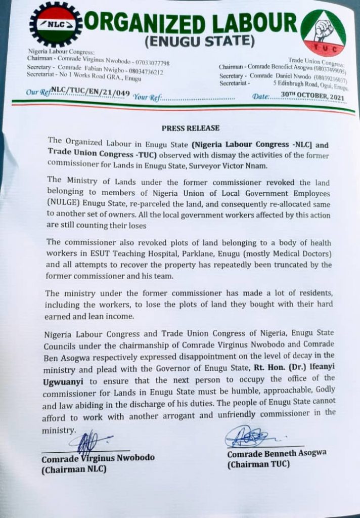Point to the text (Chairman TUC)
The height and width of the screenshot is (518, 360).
(258, 464)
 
